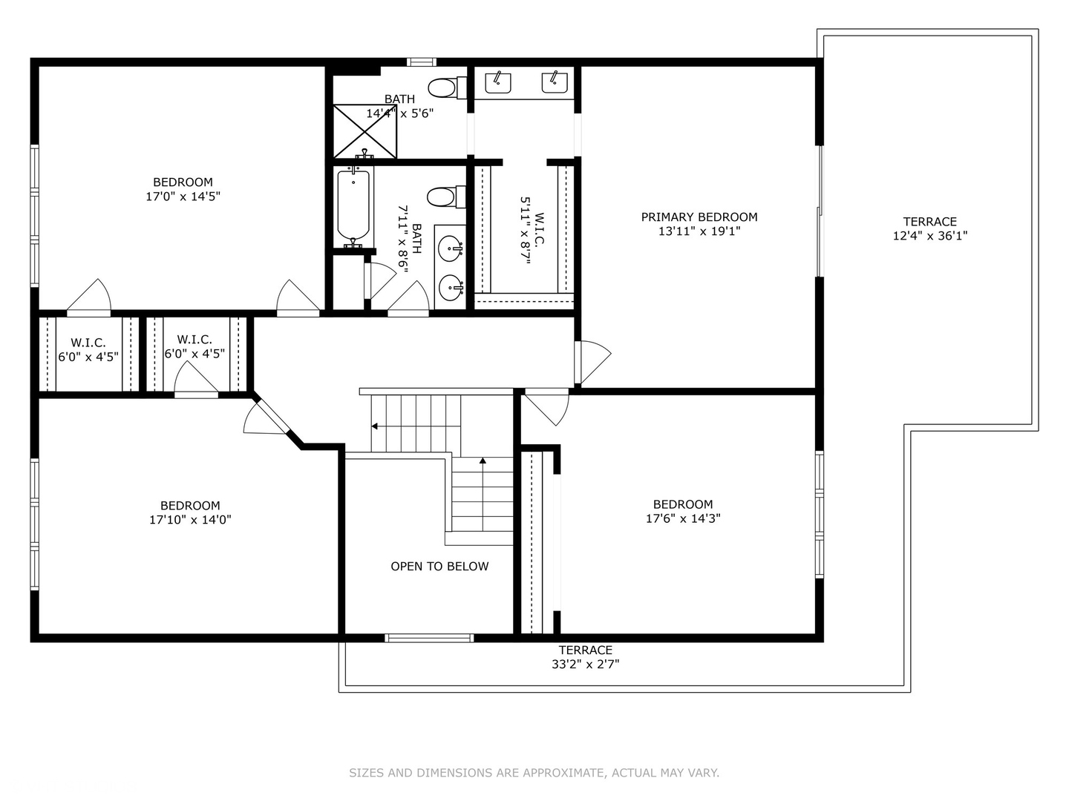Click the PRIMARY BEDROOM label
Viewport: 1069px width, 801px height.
[x=699, y=217]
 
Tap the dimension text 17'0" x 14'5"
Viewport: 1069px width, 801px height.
[x=183, y=197]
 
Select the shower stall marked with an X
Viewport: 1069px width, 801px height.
[x=364, y=131]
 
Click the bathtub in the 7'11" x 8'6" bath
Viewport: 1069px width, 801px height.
[x=353, y=205]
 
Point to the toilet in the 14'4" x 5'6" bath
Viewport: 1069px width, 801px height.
[x=443, y=88]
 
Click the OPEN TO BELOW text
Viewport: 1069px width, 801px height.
[x=439, y=566]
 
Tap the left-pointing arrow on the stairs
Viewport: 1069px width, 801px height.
[x=375, y=426]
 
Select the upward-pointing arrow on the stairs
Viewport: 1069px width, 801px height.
[x=483, y=461]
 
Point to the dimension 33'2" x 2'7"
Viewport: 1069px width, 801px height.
[x=585, y=665]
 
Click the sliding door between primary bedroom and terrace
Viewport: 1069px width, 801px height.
[x=820, y=212]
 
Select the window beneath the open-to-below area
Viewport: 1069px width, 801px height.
[x=429, y=638]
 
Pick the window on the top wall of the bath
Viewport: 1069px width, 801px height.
[x=422, y=62]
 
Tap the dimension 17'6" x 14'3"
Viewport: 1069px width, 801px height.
[x=683, y=518]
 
